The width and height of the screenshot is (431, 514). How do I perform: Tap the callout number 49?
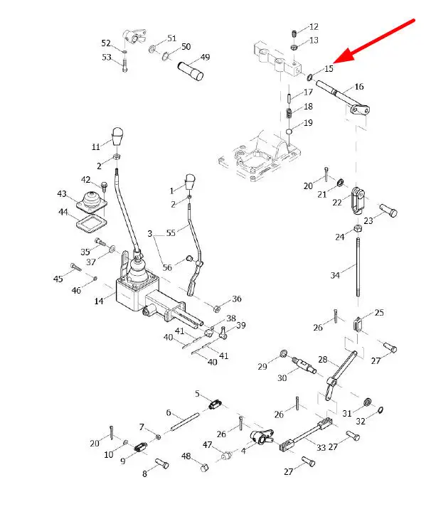click(206, 58)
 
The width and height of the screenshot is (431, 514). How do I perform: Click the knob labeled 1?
click(191, 181)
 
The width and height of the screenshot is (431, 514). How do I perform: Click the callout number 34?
click(335, 274)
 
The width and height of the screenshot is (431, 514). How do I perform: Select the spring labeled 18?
click(290, 114)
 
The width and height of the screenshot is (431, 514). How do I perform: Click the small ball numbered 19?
click(290, 132)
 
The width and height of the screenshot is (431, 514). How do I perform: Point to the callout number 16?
click(358, 87)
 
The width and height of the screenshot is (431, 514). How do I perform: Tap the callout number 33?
click(321, 447)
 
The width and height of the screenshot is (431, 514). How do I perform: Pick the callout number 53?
click(107, 57)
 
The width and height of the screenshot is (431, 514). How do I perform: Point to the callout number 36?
click(237, 299)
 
